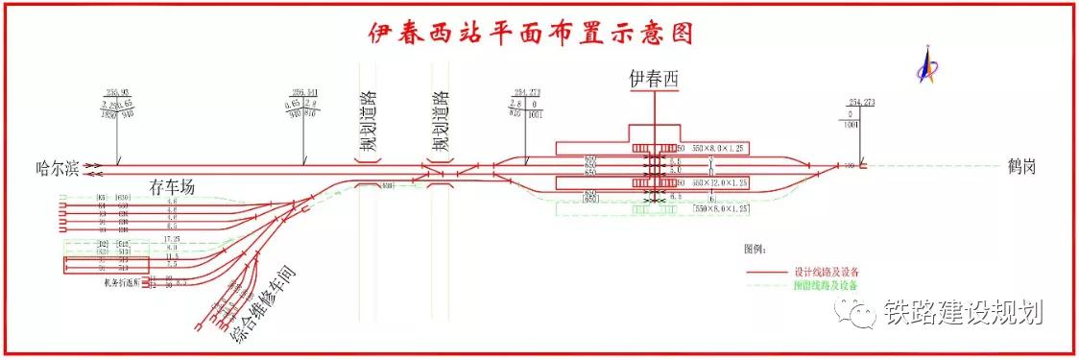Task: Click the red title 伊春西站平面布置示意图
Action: [531, 34]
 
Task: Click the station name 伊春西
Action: [653, 81]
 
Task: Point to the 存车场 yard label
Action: [172, 187]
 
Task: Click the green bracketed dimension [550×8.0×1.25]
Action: [714, 207]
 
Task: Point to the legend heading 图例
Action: [756, 249]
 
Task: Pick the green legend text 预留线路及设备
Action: [825, 285]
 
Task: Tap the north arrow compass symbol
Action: [927, 65]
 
